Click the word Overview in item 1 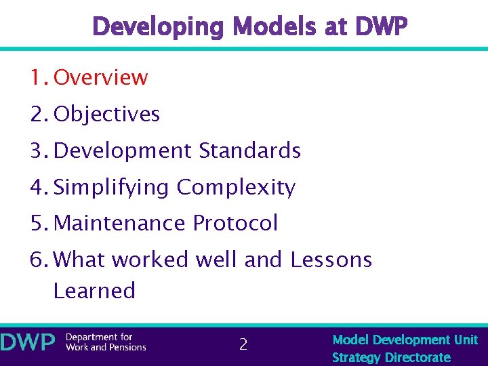[x=100, y=77]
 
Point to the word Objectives [x=106, y=114]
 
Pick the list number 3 [x=37, y=150]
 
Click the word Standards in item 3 [x=250, y=150]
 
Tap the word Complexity [x=236, y=187]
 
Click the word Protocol [x=235, y=223]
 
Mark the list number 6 [x=37, y=260]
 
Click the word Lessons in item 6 [x=331, y=260]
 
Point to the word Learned [x=94, y=291]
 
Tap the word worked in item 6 [x=152, y=260]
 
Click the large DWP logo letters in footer [x=28, y=343]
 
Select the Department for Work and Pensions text [x=106, y=342]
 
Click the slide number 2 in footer [x=243, y=345]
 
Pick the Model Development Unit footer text [x=405, y=340]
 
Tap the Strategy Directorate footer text [x=391, y=357]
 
